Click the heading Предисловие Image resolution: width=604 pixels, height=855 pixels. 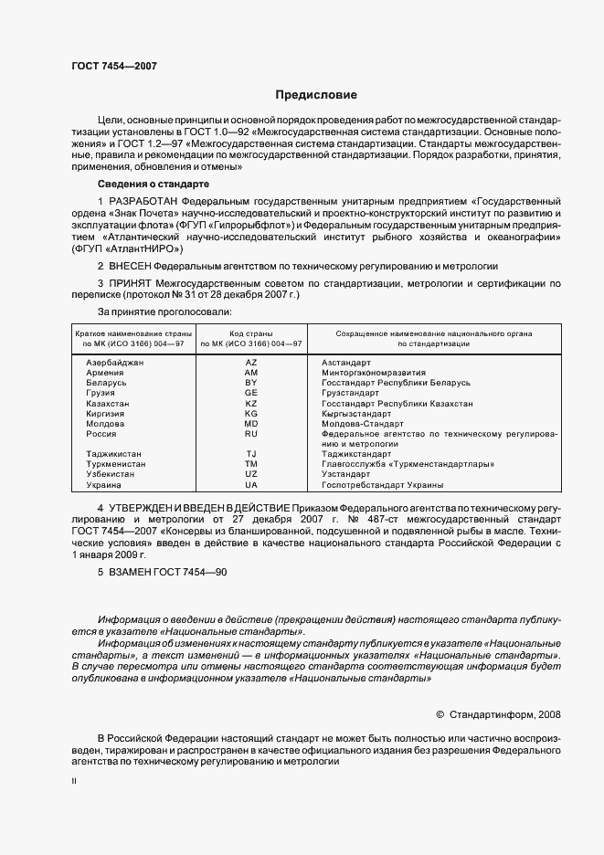(317, 95)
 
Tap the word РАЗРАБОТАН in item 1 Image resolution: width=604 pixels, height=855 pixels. (143, 199)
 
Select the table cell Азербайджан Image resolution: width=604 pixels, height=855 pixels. (115, 363)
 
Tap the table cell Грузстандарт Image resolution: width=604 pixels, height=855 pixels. (350, 393)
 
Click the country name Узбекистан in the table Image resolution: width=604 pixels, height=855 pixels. (113, 473)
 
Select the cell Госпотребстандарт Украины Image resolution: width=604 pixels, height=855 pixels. (382, 484)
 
